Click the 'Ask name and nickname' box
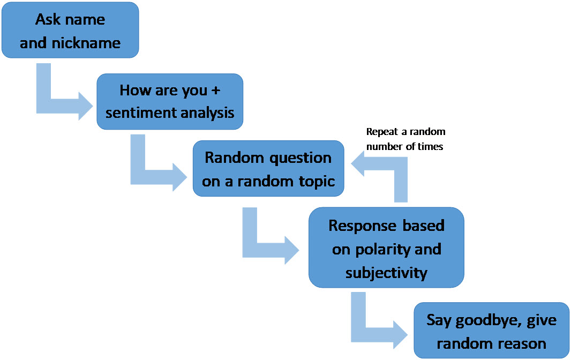tap(70, 31)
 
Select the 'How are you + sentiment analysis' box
tap(170, 101)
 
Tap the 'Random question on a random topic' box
tap(268, 169)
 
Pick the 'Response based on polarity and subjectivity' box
tap(386, 248)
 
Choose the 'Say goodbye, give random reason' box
tap(491, 331)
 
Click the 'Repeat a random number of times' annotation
tap(405, 139)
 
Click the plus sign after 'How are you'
tap(215, 90)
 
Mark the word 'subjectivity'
tap(386, 272)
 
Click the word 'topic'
tap(315, 181)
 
